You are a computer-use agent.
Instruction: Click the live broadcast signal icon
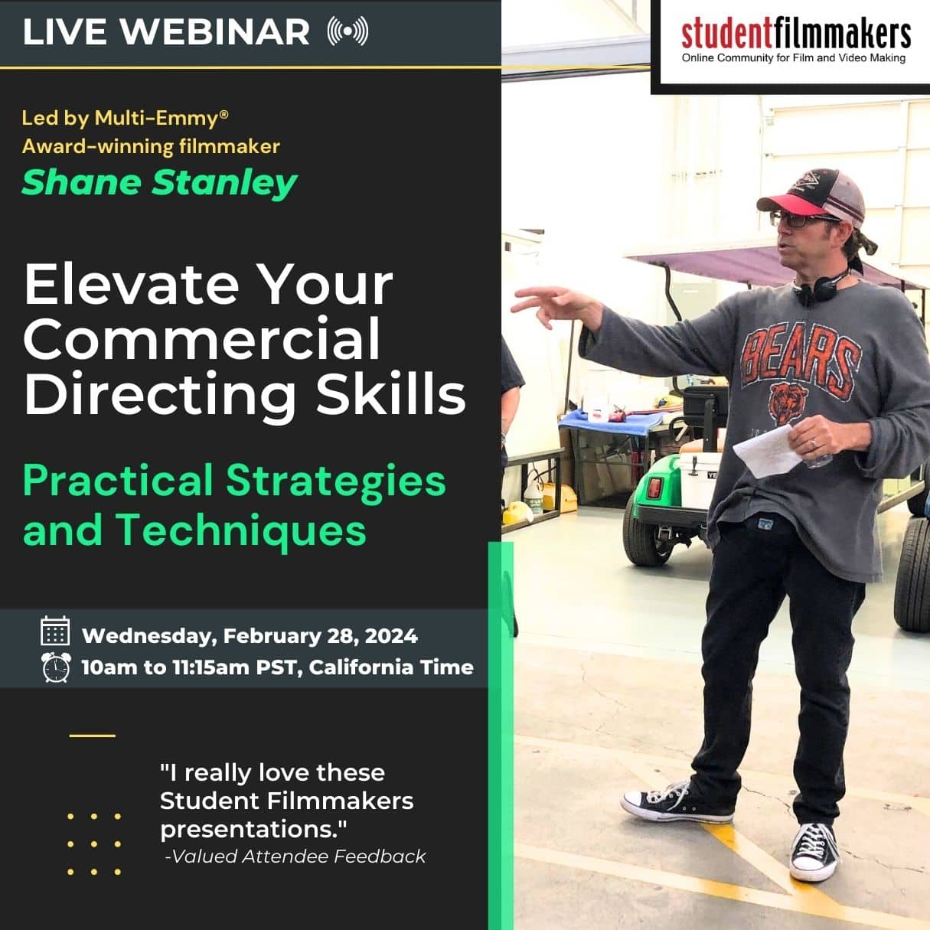pos(348,31)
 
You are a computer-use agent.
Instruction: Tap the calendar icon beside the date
pos(55,631)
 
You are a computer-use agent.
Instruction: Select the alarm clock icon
pos(55,667)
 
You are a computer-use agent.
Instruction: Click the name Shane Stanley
pos(159,182)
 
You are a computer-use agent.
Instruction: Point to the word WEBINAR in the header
pos(215,31)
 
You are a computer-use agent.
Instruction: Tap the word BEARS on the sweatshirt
pos(801,355)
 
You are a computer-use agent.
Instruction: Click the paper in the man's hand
pos(767,452)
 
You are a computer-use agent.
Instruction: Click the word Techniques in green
pos(240,530)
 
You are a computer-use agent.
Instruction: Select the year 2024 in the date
pos(391,636)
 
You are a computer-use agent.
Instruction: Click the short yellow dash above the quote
pos(92,736)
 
